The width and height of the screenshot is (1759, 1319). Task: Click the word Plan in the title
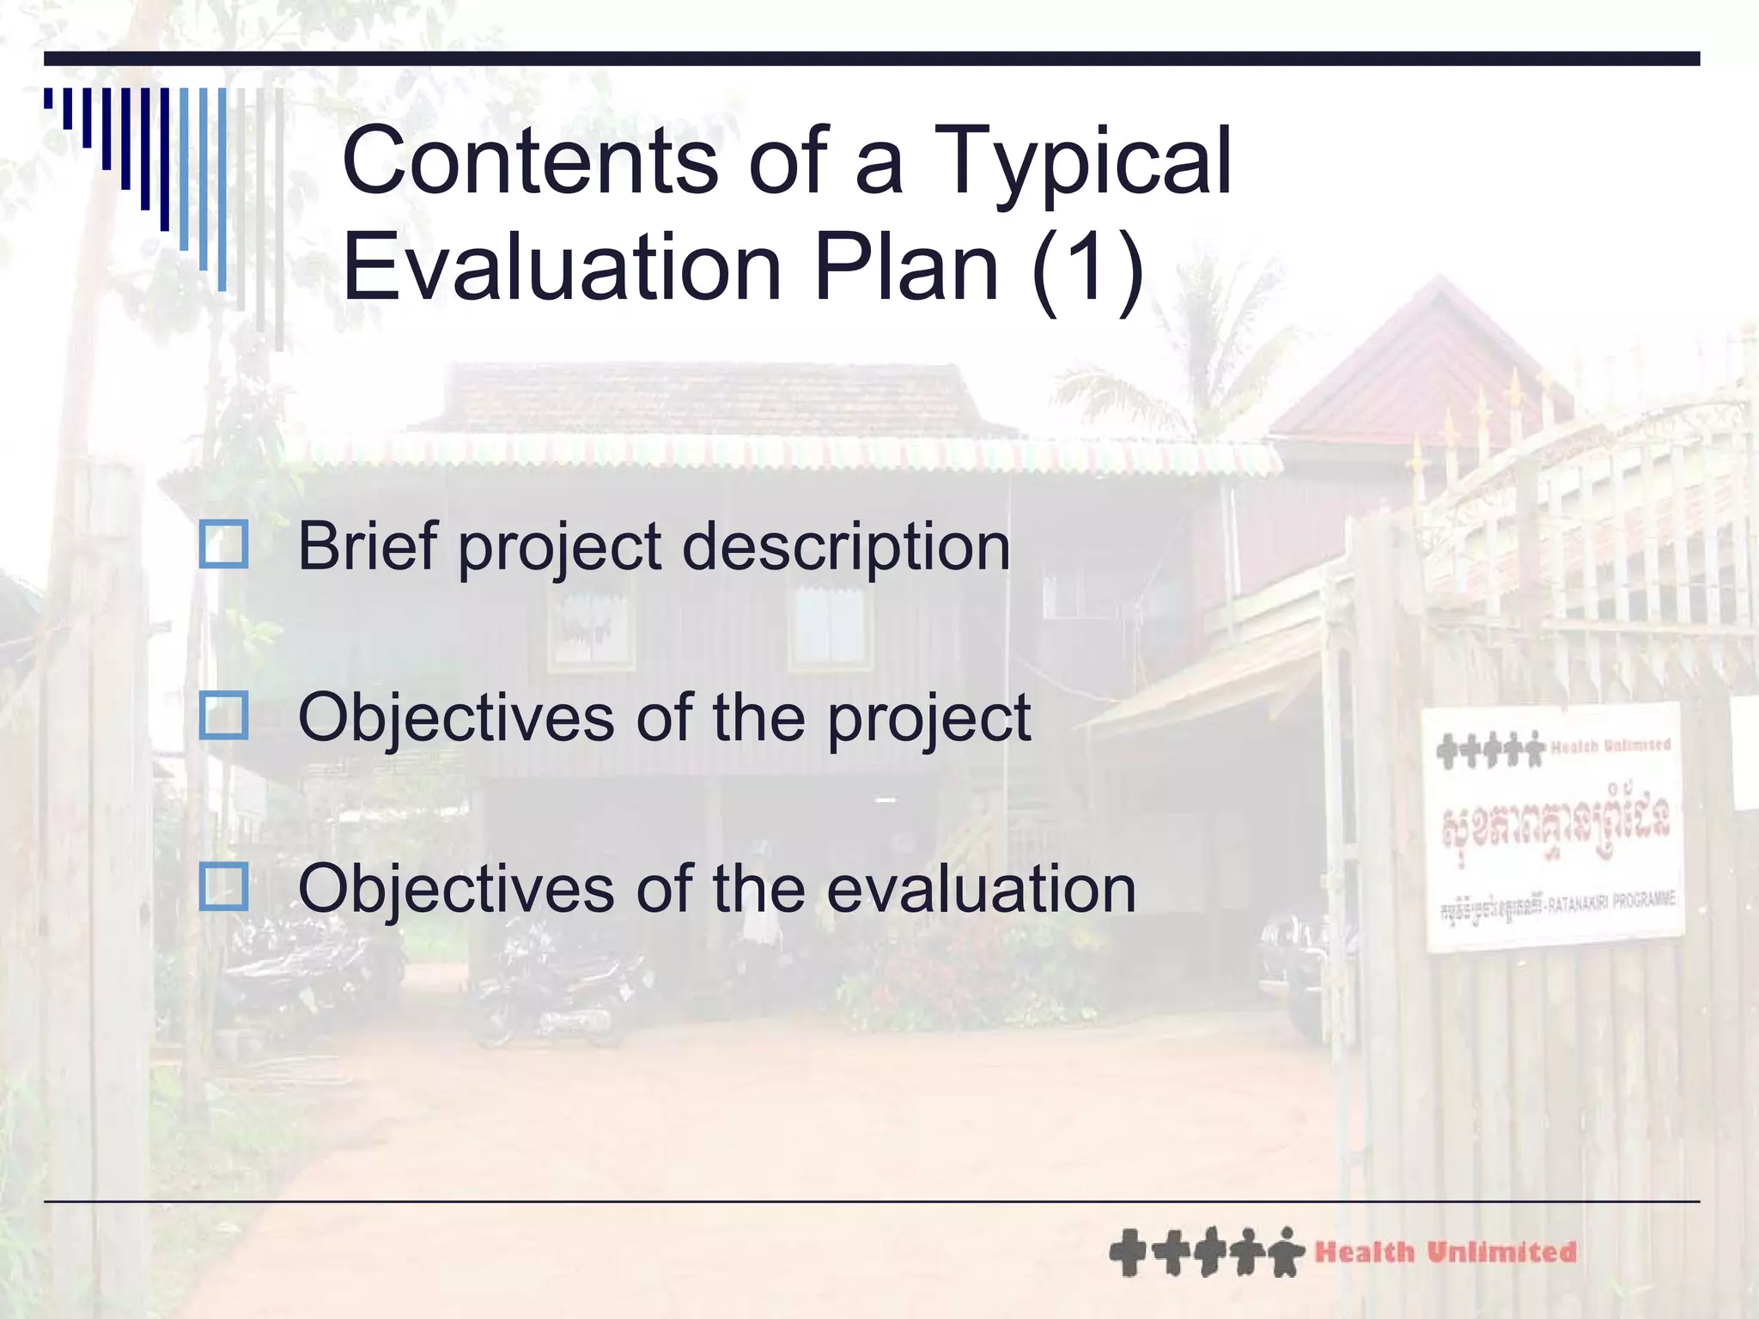click(907, 268)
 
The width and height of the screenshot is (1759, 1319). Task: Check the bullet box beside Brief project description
click(224, 544)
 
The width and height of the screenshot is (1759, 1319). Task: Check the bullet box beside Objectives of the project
click(224, 716)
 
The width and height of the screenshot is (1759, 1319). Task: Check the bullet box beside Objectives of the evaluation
click(224, 887)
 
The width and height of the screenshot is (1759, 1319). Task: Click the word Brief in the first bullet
click(368, 546)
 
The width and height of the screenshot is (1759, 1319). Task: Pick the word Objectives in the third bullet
click(455, 889)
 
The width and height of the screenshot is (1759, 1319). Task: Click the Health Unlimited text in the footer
click(1446, 1253)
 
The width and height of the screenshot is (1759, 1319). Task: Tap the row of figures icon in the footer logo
click(1206, 1252)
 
